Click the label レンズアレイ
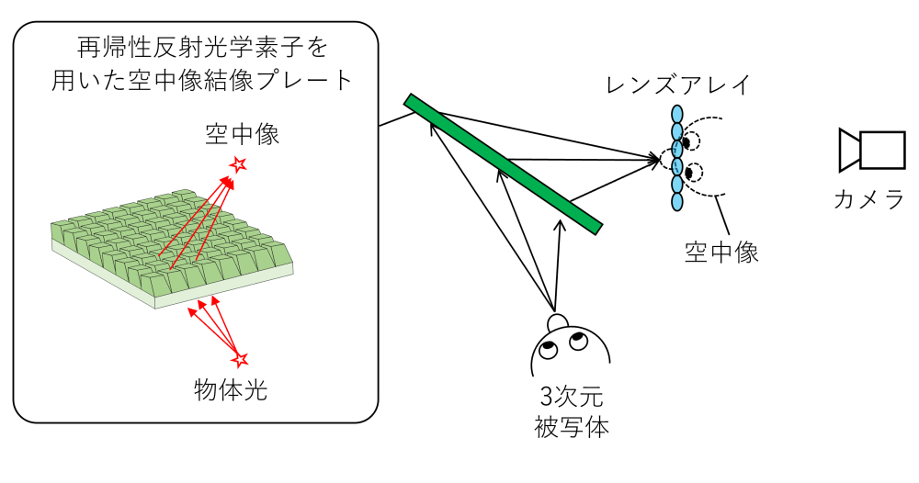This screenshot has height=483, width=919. (x=678, y=86)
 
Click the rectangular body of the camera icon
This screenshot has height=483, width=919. (x=880, y=151)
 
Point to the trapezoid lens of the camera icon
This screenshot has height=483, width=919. (x=848, y=151)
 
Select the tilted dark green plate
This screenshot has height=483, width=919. (x=503, y=163)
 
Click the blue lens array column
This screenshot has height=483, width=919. (x=677, y=156)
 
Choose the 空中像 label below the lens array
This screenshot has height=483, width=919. (x=721, y=253)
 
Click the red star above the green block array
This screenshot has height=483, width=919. (x=239, y=164)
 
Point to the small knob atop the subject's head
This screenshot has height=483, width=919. (x=556, y=320)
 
